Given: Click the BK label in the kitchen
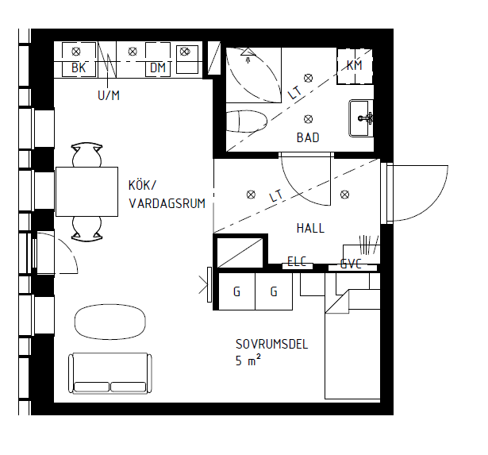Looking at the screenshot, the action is pos(79,67).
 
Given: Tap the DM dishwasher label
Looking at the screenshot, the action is pos(158,67).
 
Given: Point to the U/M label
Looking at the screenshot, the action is pos(109,95).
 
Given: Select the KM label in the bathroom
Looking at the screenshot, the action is pos(355,65).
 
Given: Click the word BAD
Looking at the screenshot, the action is pos(308,137).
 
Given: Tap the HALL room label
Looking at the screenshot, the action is pos(310,228).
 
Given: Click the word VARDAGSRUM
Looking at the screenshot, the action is pos(167,203).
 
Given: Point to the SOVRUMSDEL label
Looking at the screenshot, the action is pos(271,344).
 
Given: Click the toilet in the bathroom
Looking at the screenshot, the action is pos(247,121).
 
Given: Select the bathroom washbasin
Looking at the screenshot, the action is pos(361,118).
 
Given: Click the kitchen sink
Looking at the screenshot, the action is pos(187,60).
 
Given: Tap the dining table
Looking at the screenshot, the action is pos(86,191).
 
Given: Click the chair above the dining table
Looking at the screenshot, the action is pos(86,155).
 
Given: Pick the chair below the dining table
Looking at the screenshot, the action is pos(86,229).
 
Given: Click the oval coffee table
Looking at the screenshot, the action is pos(110,322).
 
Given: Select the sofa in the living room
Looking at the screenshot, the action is pos(110,373).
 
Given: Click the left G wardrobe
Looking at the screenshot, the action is pos(236,291).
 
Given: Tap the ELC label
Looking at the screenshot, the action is pos(297,261).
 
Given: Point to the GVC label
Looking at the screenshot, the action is pos(351,264).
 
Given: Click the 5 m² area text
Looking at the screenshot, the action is pos(248,360).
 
